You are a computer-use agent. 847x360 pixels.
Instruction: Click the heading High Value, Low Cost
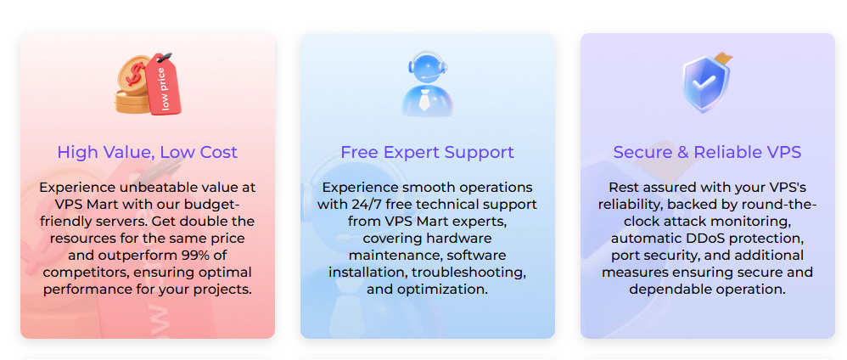point(148,153)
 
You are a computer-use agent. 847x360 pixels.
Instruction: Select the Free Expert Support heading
point(427,153)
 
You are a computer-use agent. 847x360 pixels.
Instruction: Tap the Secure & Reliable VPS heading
point(707,153)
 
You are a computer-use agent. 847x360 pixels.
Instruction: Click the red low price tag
point(164,85)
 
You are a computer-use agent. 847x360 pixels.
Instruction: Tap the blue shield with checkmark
point(705,83)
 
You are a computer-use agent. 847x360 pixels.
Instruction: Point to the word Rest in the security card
point(624,188)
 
